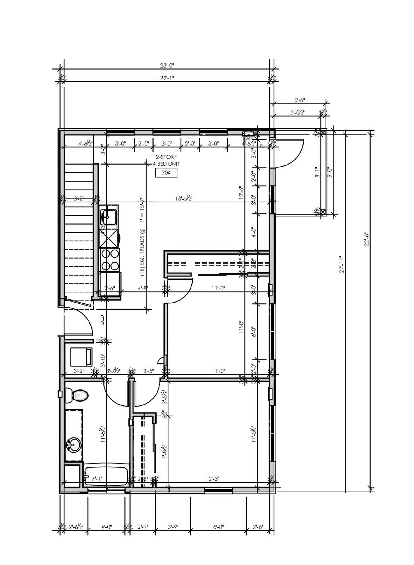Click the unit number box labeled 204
[x=166, y=173]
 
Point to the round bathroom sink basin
[x=73, y=444]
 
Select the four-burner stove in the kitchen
[x=110, y=259]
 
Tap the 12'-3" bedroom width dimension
[x=212, y=479]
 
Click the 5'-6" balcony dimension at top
[x=299, y=100]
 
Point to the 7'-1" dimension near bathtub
[x=97, y=479]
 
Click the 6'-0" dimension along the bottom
[x=218, y=527]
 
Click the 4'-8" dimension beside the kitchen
[x=143, y=288]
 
